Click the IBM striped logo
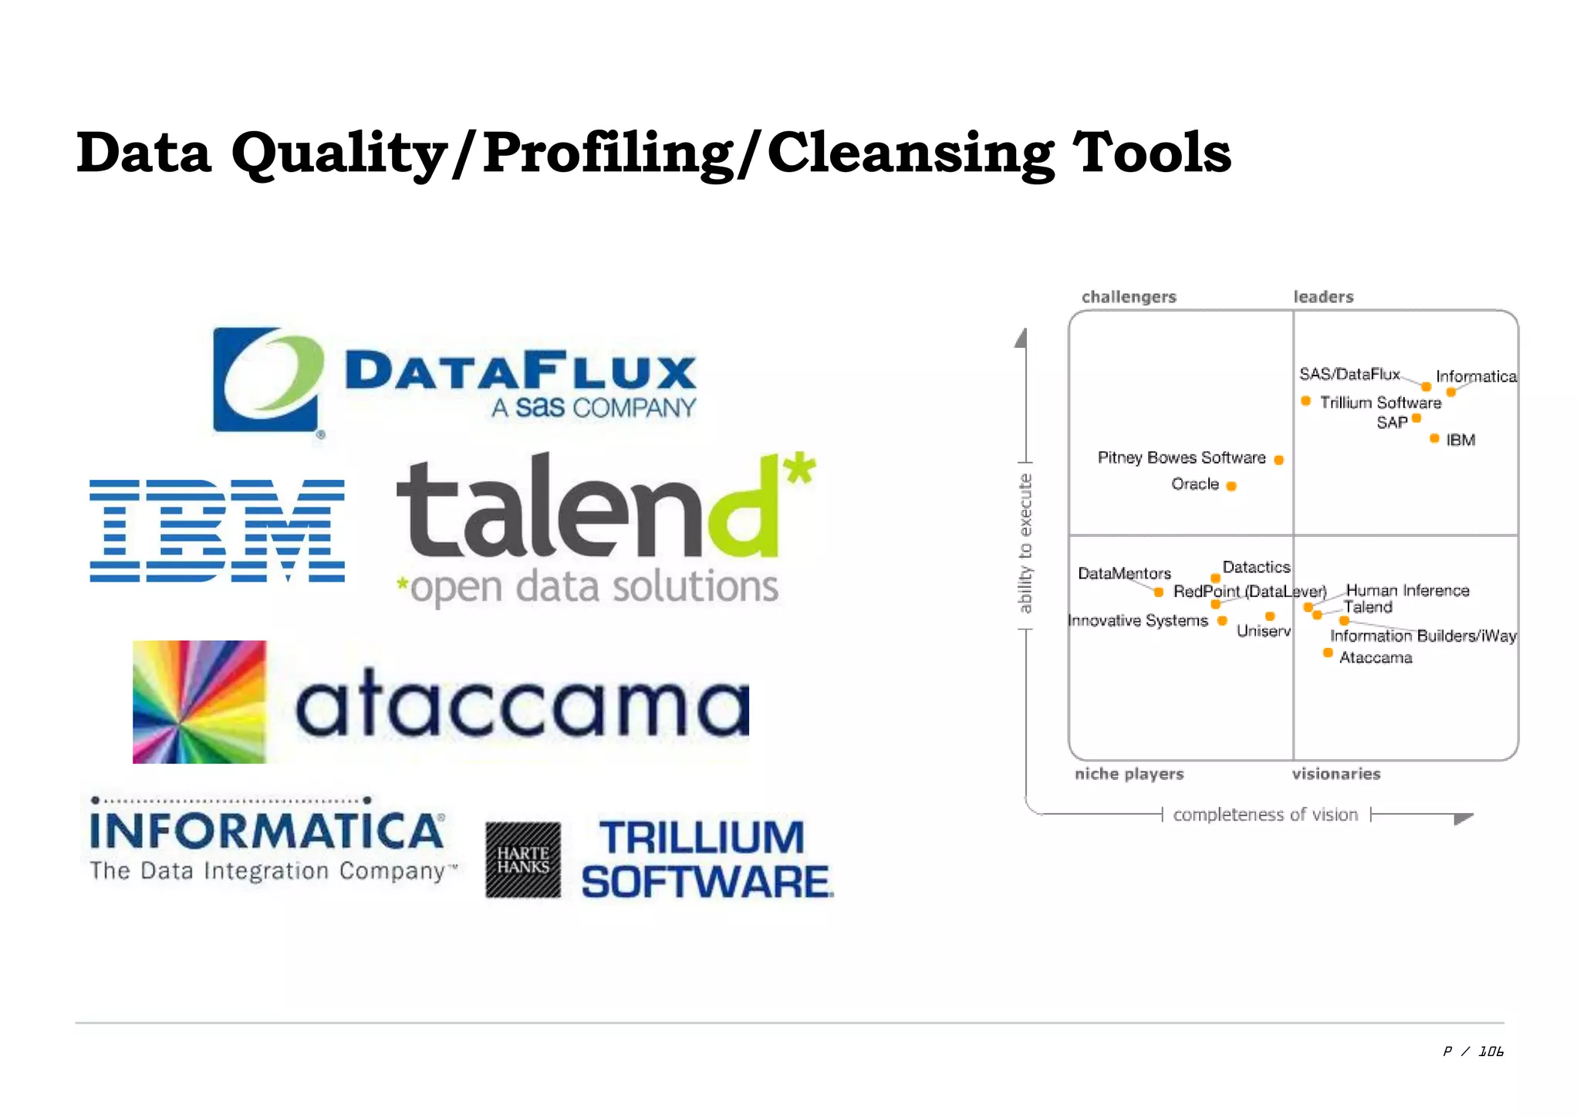tap(217, 530)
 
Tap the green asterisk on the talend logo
tap(800, 467)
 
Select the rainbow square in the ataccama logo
tap(199, 702)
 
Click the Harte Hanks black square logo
tap(523, 860)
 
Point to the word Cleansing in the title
tap(910, 153)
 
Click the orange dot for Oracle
tap(1231, 486)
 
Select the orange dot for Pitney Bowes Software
tap(1278, 461)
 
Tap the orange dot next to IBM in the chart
tap(1434, 439)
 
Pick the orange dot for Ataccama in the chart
tap(1328, 653)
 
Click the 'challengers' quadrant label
tap(1129, 297)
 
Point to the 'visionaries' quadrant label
tap(1336, 774)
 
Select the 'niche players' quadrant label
tap(1129, 774)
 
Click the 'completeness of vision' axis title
tap(1265, 815)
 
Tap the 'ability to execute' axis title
tap(1025, 543)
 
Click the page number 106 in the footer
tap(1491, 1051)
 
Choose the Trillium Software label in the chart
tap(1380, 403)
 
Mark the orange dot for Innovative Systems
tap(1222, 620)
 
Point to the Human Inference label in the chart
tap(1407, 590)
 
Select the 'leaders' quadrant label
tap(1323, 297)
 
